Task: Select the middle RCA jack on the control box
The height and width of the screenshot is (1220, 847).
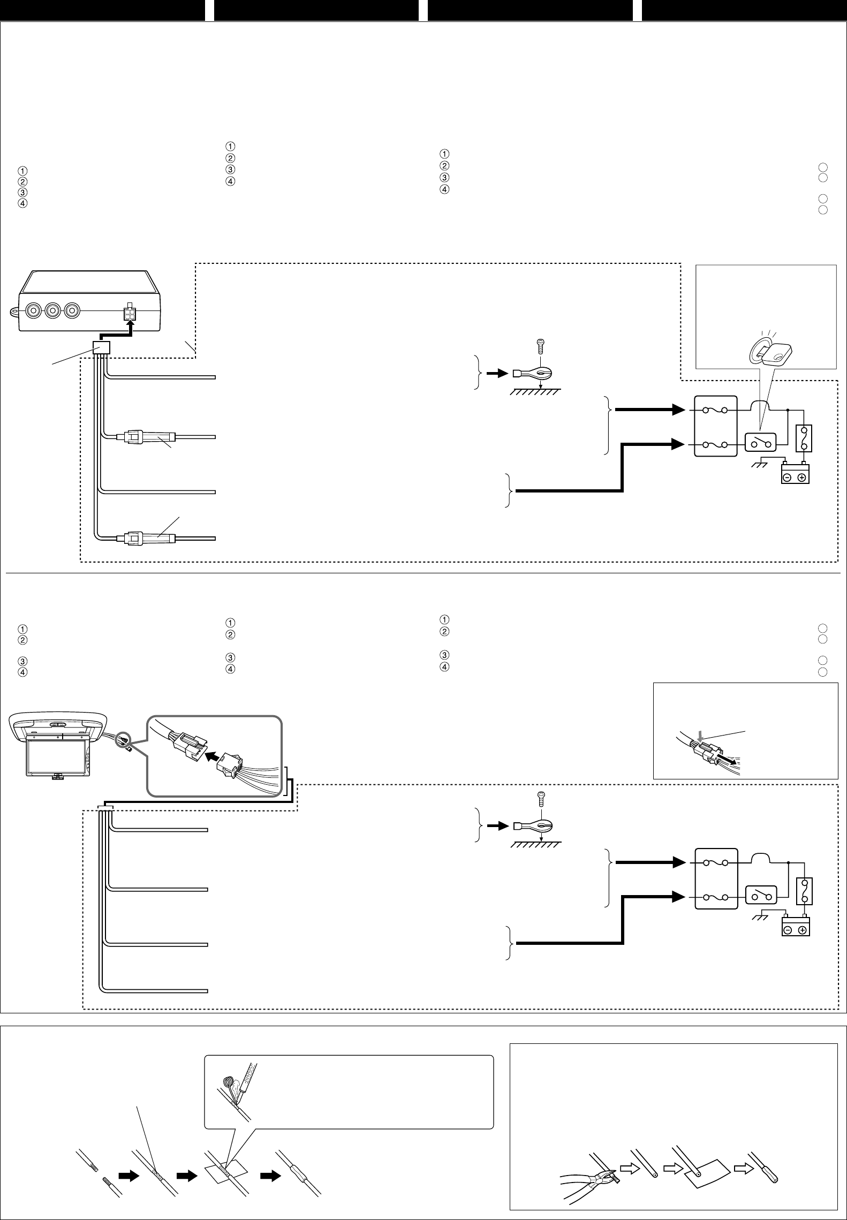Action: tap(52, 310)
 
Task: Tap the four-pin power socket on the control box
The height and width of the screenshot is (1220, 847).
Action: tap(129, 314)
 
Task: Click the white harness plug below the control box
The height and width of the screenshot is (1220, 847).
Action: tap(101, 348)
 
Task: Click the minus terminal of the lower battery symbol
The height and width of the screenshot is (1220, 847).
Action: tap(788, 930)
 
